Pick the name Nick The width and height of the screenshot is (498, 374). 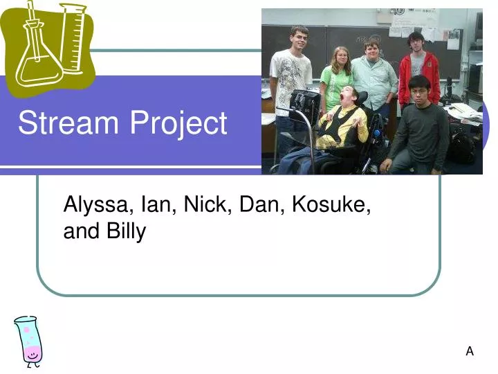pyautogui.click(x=207, y=205)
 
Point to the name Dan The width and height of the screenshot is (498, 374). pyautogui.click(x=261, y=205)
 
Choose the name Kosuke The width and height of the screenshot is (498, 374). pyautogui.click(x=331, y=206)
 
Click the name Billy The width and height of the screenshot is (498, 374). pyautogui.click(x=126, y=231)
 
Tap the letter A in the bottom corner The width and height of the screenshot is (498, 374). pyautogui.click(x=470, y=351)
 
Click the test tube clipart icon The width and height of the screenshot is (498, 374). pyautogui.click(x=30, y=340)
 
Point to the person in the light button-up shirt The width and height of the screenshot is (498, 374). pyautogui.click(x=373, y=76)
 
